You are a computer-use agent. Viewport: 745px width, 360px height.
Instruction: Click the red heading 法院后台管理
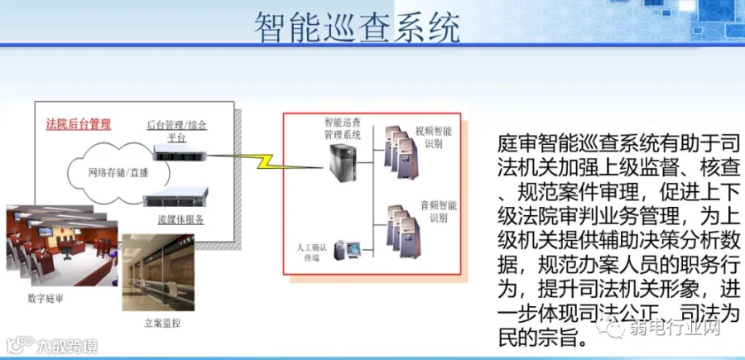coord(78,124)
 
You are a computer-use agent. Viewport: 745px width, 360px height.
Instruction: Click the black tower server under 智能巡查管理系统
coord(344,166)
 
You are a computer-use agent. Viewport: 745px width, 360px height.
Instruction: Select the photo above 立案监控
coord(157,273)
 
